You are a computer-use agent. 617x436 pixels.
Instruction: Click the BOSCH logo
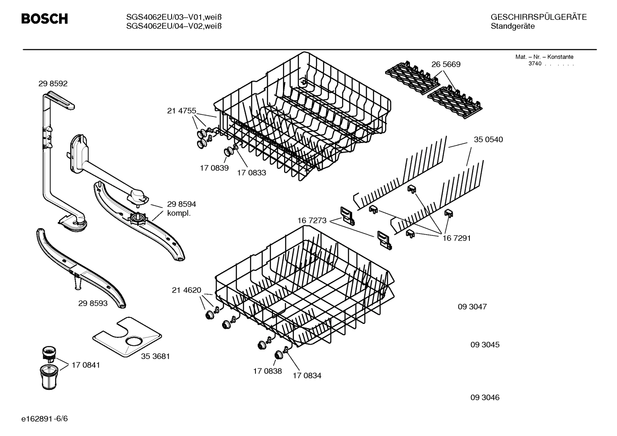[x=44, y=19]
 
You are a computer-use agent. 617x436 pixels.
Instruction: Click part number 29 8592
[x=53, y=84]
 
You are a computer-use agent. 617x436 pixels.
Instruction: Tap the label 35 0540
[x=488, y=139]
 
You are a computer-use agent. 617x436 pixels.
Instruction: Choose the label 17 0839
[x=214, y=168]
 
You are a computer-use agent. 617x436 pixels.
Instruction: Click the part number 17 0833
[x=251, y=173]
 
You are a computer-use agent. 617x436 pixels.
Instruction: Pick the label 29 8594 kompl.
[x=181, y=209]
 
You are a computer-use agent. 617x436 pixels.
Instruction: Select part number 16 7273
[x=312, y=221]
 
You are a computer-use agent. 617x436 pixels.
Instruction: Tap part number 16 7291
[x=456, y=238]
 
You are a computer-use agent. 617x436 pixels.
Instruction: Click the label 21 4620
[x=186, y=290]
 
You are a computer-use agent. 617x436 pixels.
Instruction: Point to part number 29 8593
[x=93, y=303]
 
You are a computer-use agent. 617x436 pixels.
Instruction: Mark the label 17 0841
[x=86, y=365]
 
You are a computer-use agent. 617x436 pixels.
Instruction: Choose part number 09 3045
[x=484, y=345]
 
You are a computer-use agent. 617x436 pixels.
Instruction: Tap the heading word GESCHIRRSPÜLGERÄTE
[x=538, y=17]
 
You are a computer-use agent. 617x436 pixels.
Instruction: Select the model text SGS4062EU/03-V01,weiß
[x=173, y=17]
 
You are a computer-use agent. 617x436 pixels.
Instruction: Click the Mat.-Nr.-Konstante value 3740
[x=534, y=64]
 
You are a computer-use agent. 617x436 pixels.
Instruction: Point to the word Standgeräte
[x=512, y=27]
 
